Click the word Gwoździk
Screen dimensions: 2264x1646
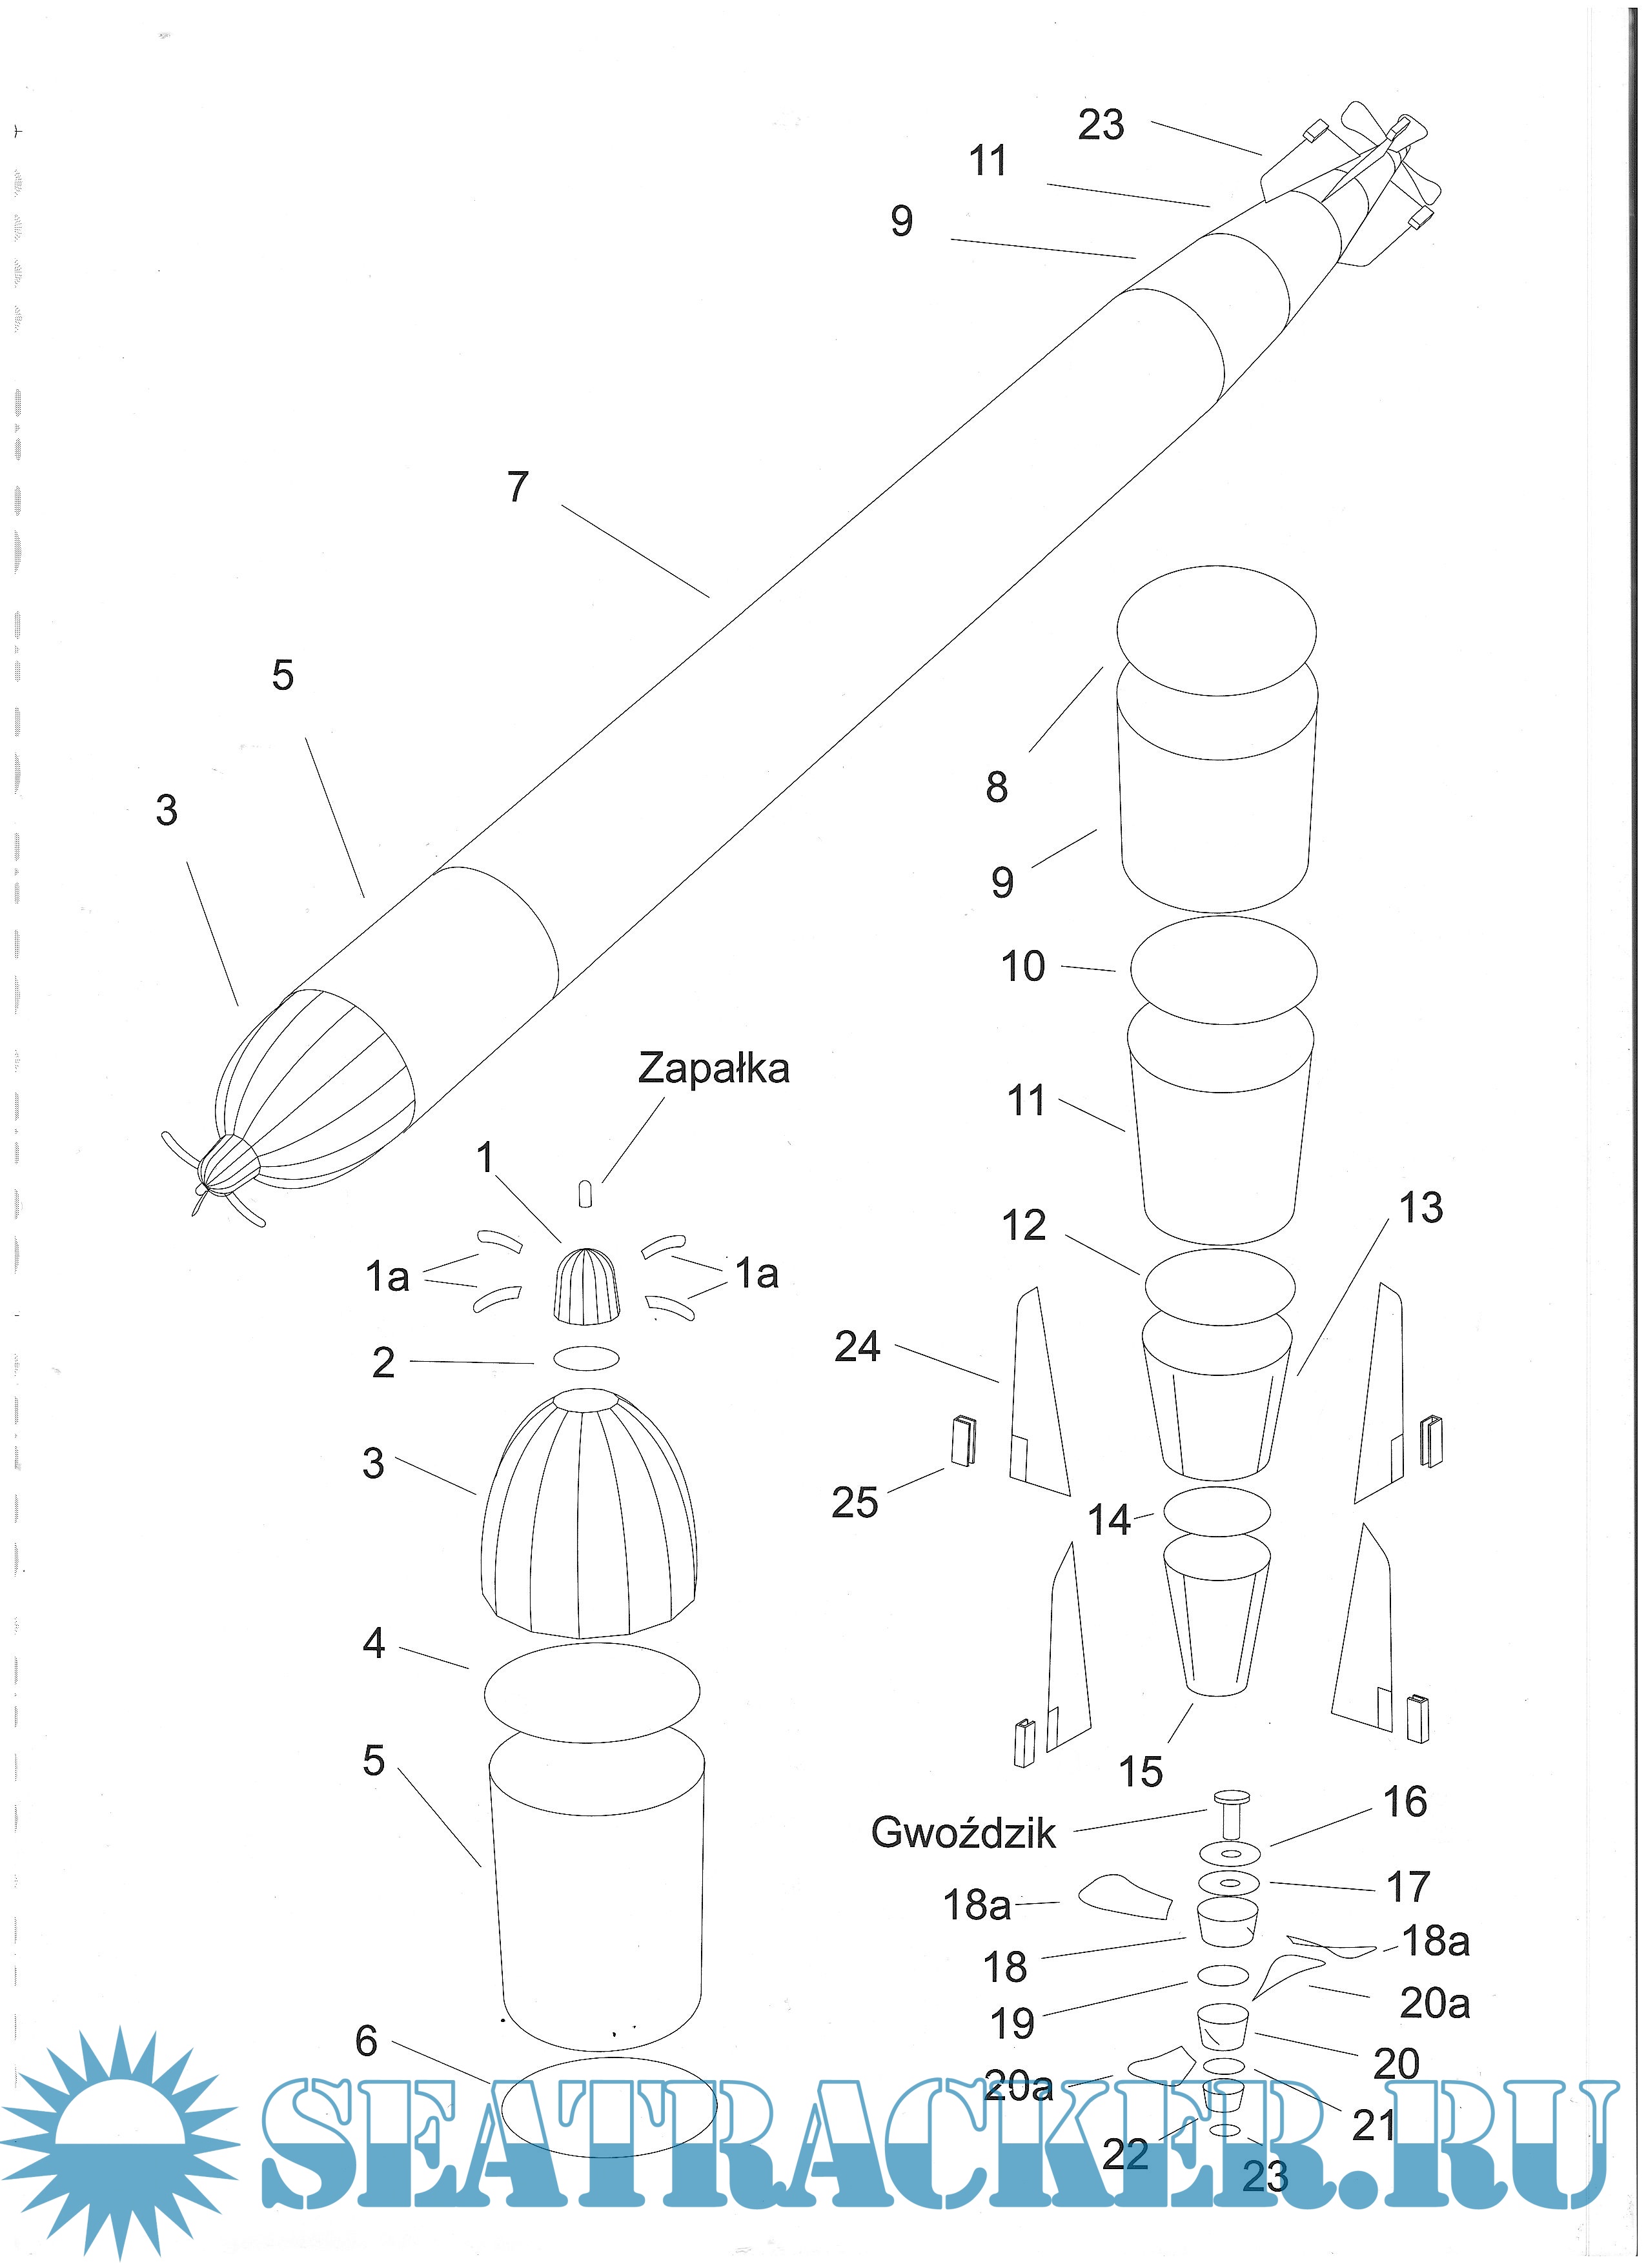coord(962,1832)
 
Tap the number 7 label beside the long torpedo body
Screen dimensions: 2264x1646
coord(517,487)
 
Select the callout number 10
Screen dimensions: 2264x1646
coord(1022,966)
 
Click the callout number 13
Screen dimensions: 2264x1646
coord(1421,1208)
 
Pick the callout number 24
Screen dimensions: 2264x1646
coord(857,1347)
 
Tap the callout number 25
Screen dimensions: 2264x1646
coord(855,1502)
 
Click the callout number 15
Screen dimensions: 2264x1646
coord(1140,1772)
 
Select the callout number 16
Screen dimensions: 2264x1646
coord(1405,1802)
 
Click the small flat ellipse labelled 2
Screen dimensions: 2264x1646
coord(586,1359)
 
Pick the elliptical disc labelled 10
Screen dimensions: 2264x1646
coord(1223,969)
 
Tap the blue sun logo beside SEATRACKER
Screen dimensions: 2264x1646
coord(120,2136)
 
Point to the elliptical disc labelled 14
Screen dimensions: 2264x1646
coord(1217,1512)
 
